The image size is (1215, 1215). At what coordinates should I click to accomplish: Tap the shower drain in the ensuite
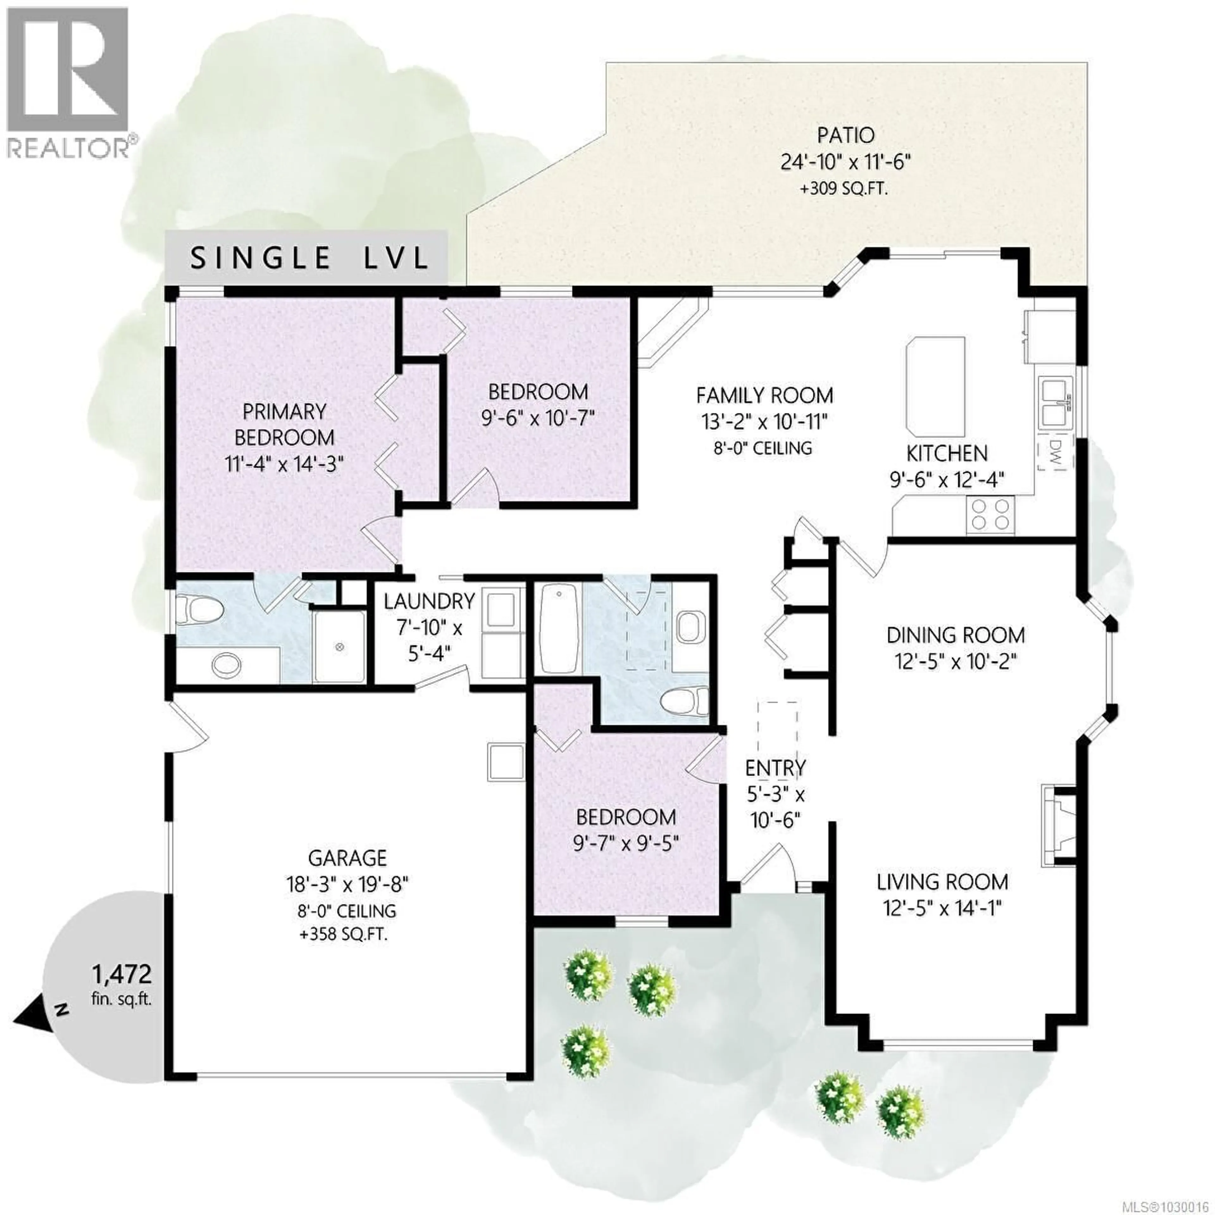(x=340, y=646)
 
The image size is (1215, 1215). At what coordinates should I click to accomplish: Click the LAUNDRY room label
(x=429, y=602)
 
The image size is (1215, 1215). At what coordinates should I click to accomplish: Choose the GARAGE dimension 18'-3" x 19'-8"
(x=347, y=885)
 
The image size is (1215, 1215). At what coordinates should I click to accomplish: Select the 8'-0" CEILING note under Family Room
(x=763, y=448)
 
